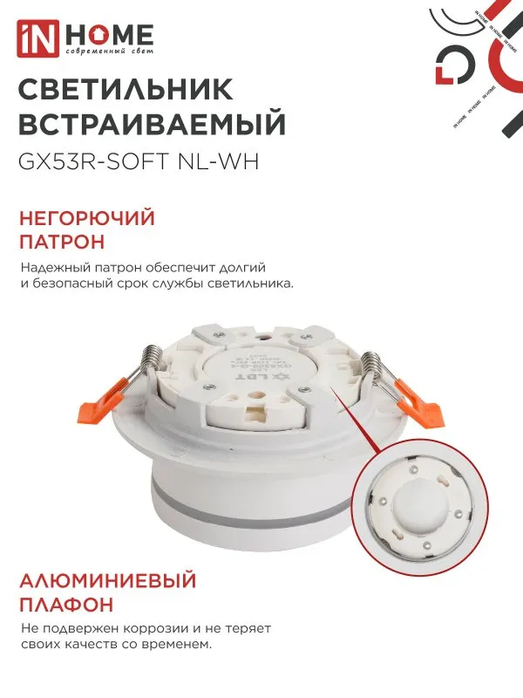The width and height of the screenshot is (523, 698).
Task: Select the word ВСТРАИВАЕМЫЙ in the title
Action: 152,125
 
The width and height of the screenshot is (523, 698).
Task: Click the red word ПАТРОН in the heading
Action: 62,240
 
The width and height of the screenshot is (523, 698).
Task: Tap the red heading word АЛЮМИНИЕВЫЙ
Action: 106,581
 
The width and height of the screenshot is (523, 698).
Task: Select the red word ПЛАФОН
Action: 65,605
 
